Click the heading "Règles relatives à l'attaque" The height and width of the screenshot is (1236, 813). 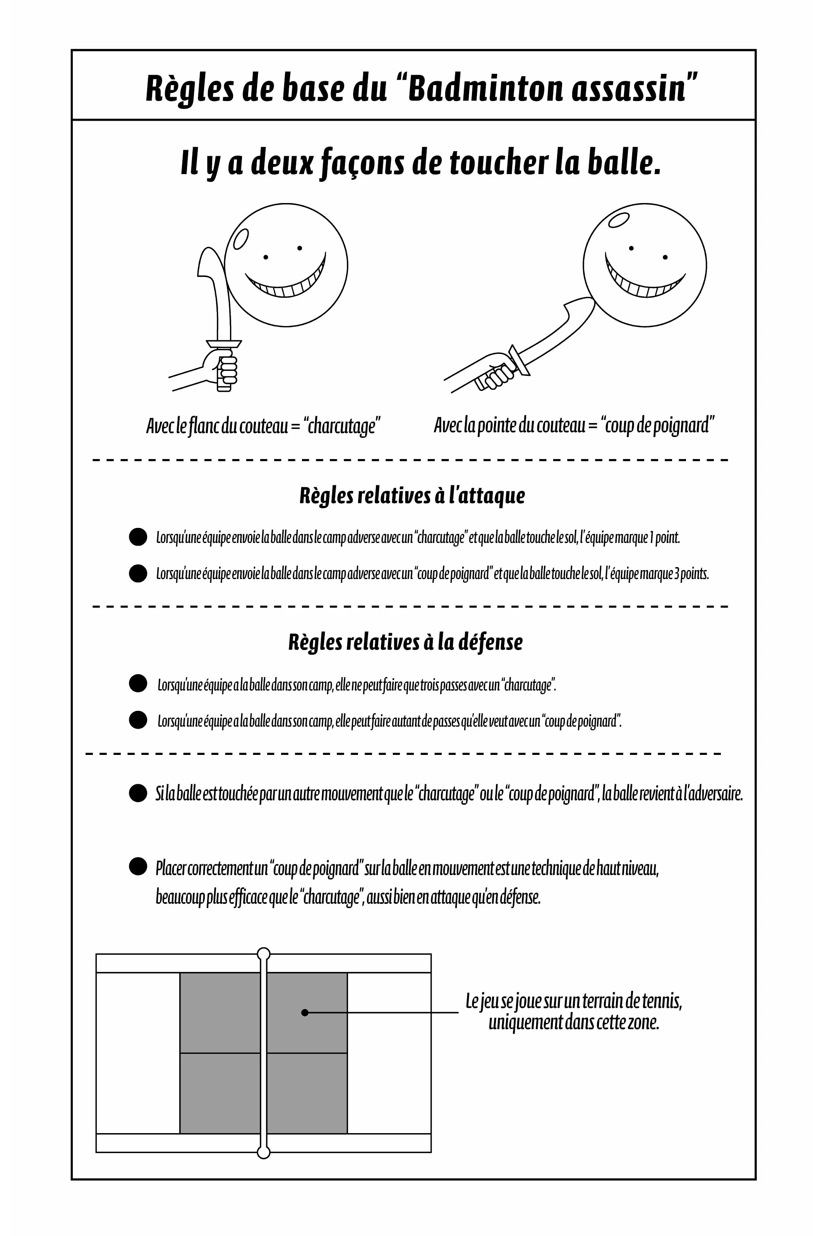(412, 495)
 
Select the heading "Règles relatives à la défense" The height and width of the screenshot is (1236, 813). (405, 642)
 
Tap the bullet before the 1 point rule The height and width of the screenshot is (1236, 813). (138, 538)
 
